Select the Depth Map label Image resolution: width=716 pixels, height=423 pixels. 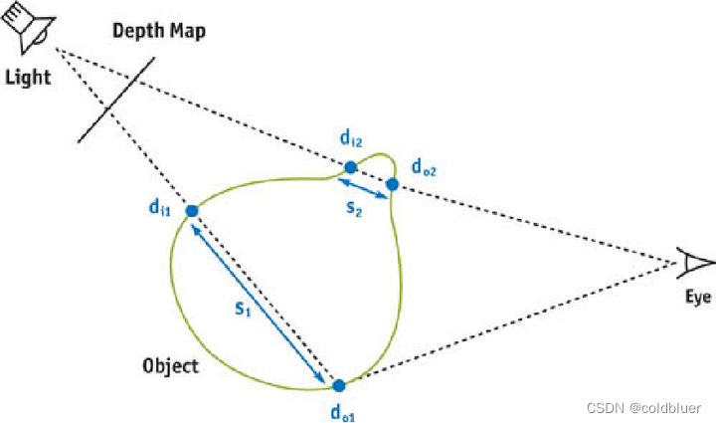158,31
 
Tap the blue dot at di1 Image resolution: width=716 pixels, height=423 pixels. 191,210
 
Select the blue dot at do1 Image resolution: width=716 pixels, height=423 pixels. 338,385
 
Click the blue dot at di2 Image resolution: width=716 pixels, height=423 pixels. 350,166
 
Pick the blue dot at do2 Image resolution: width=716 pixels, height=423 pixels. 392,184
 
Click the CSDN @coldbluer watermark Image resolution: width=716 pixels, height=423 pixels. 643,408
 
